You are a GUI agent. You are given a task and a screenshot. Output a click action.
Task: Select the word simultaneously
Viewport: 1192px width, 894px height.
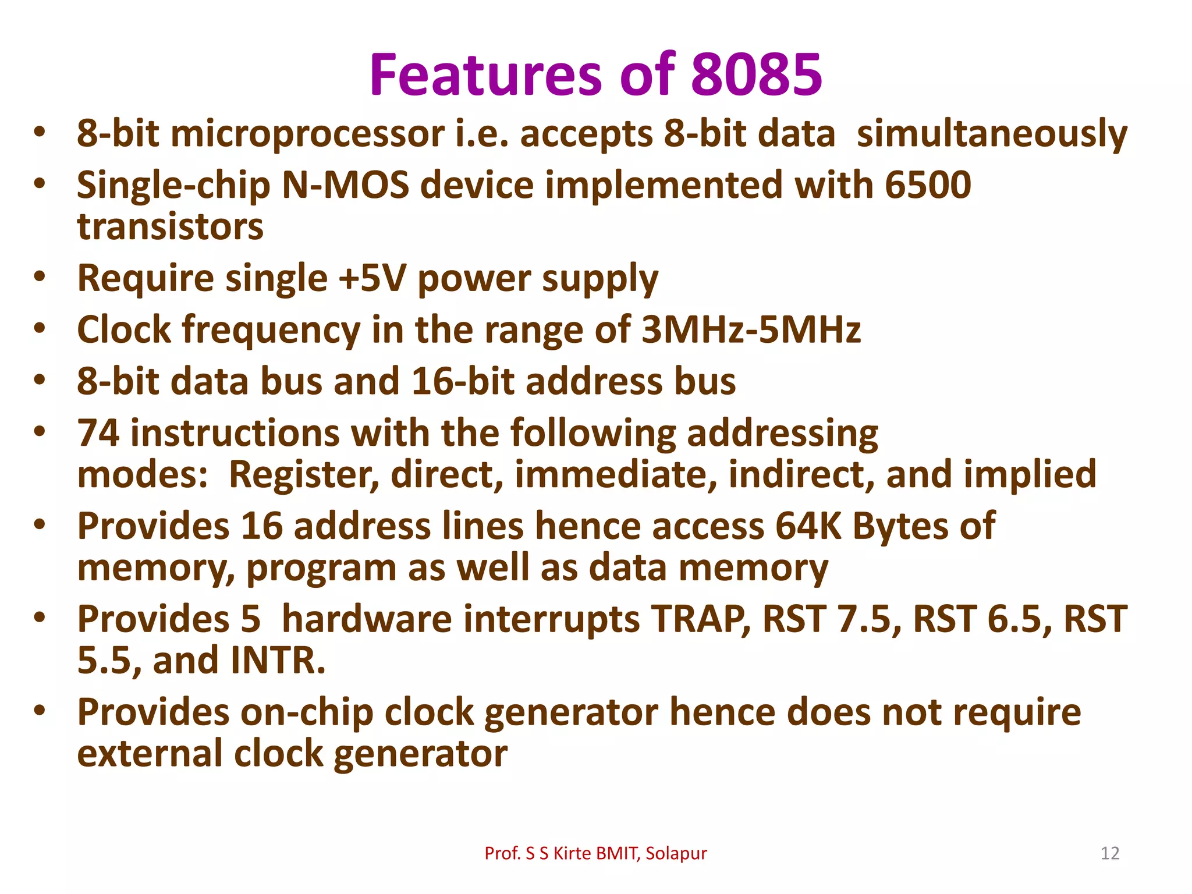tap(992, 134)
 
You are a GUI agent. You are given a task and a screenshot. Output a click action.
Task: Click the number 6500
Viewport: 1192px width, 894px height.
tap(928, 185)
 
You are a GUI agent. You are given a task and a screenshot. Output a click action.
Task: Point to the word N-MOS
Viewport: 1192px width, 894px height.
tap(345, 185)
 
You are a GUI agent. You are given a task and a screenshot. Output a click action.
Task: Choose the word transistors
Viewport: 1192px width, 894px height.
tap(170, 227)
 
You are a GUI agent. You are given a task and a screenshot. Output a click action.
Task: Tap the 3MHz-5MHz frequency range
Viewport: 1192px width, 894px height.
tap(751, 329)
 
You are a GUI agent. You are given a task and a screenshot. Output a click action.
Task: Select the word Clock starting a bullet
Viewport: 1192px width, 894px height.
tap(124, 329)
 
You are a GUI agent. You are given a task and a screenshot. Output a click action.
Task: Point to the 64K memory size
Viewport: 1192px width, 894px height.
tap(808, 526)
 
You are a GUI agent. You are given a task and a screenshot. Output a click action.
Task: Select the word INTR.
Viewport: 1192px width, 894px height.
tap(278, 661)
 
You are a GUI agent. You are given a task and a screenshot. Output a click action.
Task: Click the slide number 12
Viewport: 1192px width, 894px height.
tap(1110, 853)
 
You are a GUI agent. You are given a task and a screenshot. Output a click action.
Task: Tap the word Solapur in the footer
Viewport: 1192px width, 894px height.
tap(676, 853)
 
